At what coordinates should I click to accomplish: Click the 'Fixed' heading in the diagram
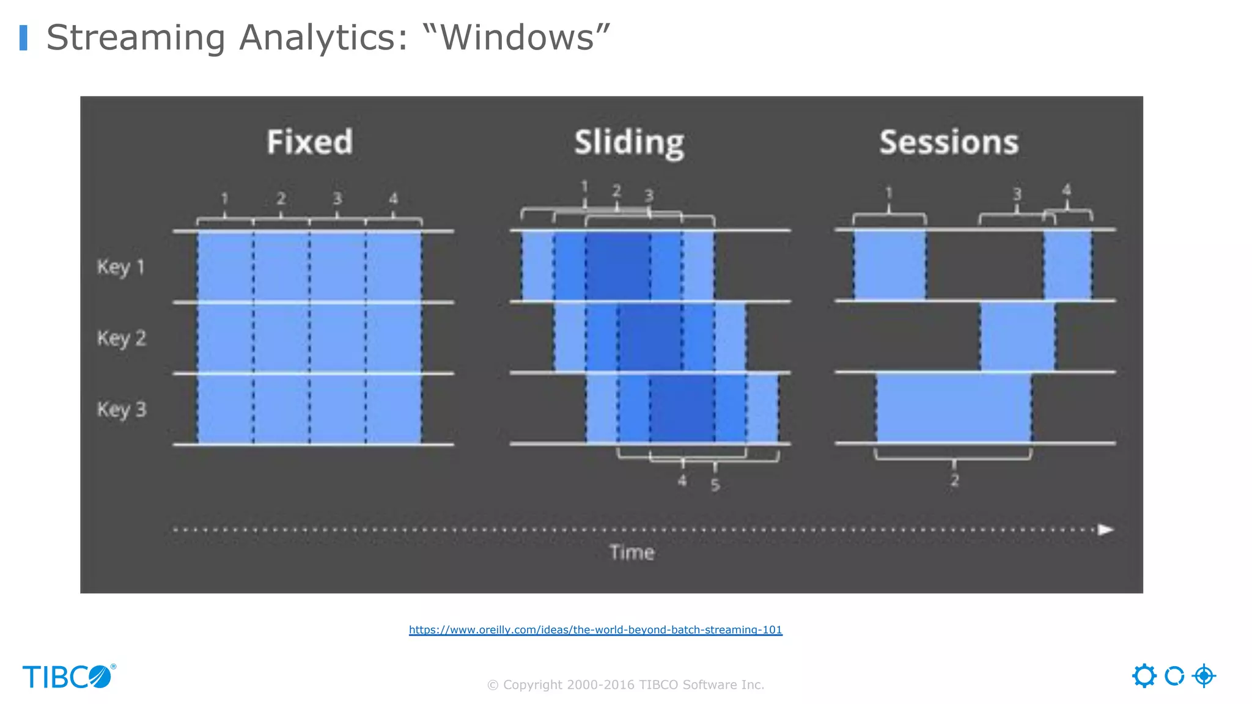coord(310,142)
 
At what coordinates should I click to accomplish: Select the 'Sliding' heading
coord(629,143)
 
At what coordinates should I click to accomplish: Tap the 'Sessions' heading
coord(949,142)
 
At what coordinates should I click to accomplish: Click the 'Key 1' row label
coord(120,267)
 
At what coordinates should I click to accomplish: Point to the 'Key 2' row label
coord(121,338)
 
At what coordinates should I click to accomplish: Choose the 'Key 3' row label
coord(121,409)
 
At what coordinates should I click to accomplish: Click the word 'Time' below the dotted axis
coord(632,552)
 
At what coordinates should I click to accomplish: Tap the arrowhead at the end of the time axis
coord(1105,529)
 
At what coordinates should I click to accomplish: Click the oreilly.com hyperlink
coord(595,629)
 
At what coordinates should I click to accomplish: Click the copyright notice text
coord(625,684)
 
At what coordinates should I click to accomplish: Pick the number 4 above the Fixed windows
coord(393,198)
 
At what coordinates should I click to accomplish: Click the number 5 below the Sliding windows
coord(715,485)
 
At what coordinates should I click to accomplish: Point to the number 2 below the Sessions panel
coord(954,480)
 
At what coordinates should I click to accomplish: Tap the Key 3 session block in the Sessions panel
coord(954,408)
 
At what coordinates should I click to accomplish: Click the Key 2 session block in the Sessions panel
coord(1017,336)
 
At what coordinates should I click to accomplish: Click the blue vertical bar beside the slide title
coord(23,37)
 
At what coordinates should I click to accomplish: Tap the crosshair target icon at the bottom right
coord(1204,676)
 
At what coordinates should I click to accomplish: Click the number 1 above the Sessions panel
coord(889,193)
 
